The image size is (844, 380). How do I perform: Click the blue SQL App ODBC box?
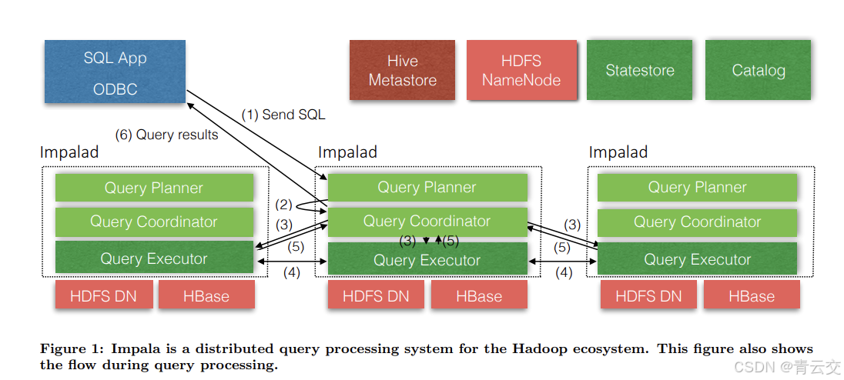[115, 72]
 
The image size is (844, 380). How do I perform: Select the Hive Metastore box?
[403, 70]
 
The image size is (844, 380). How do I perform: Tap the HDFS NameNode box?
[521, 70]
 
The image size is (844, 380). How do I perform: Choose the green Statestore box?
[640, 70]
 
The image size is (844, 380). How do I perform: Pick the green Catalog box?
[759, 70]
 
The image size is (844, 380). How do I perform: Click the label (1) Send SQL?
[283, 115]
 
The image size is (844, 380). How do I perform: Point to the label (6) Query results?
[167, 135]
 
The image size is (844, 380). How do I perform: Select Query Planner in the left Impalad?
[154, 188]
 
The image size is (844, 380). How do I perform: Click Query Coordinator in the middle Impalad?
[427, 222]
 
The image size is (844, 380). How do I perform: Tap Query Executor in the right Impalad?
[698, 259]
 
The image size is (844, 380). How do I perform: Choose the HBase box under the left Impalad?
[206, 296]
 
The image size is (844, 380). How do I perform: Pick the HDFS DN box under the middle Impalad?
[376, 296]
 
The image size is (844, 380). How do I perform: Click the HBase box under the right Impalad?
[752, 296]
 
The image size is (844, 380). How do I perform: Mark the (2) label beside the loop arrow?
[284, 205]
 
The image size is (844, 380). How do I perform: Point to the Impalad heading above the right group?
[618, 152]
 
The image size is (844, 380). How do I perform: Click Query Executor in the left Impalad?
[154, 258]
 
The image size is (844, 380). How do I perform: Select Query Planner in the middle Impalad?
[427, 188]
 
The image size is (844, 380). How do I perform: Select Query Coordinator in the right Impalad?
[698, 222]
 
